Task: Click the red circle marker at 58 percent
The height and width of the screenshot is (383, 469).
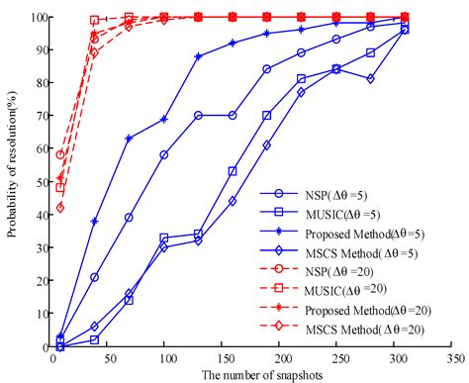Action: click(61, 155)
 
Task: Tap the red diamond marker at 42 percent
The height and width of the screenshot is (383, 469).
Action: click(61, 208)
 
